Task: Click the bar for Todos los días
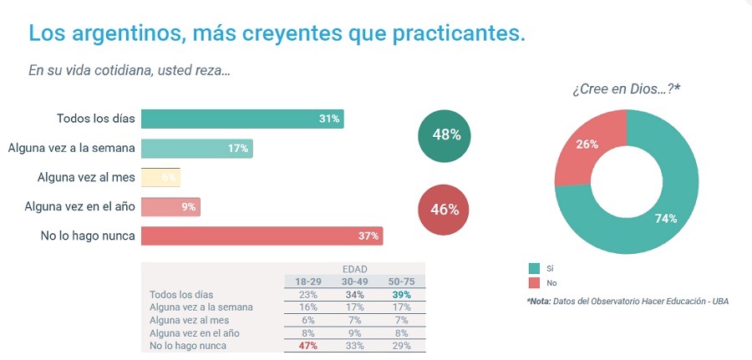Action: [x=242, y=119]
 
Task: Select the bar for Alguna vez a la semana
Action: [x=196, y=149]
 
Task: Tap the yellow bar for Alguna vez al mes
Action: [x=160, y=178]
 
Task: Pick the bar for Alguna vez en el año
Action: [x=170, y=207]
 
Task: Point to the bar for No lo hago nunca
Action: [x=262, y=236]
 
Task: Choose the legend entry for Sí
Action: [x=535, y=268]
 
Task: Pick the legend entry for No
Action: [x=535, y=283]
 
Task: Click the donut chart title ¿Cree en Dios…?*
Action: [x=627, y=89]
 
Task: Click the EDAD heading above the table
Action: [x=354, y=269]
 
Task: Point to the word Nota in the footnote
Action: [x=540, y=301]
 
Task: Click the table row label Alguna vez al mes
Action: [x=189, y=320]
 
